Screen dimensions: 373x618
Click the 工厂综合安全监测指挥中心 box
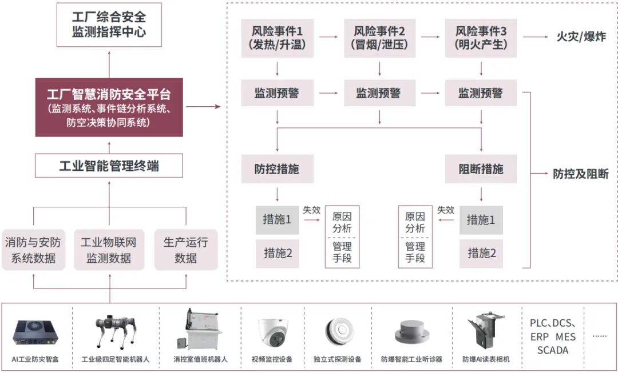[x=109, y=25]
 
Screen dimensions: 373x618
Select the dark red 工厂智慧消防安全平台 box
[x=109, y=107]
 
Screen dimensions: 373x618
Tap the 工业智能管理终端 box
[x=109, y=166]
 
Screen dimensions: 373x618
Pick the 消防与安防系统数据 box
[x=33, y=250]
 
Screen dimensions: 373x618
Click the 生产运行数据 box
[x=186, y=250]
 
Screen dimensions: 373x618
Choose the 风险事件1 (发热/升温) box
[x=277, y=38]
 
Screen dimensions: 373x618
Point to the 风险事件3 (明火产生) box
[x=481, y=38]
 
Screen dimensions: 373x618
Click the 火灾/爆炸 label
[x=581, y=38]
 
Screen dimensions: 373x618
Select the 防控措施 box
[x=277, y=169]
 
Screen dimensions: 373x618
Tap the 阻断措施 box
[x=481, y=169]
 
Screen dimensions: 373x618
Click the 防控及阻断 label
[x=580, y=174]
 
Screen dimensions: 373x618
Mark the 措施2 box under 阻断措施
[x=481, y=252]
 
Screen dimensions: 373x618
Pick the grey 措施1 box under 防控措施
[x=277, y=219]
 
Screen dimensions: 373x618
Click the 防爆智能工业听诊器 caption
[x=411, y=360]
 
